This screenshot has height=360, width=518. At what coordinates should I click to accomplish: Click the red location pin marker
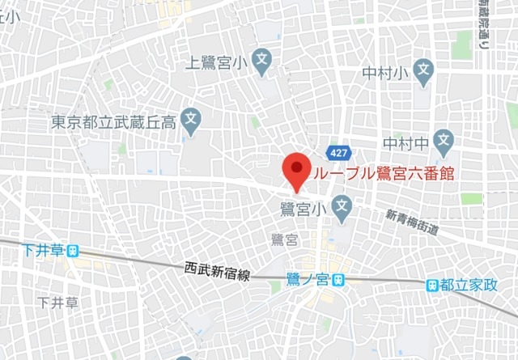[x=296, y=171]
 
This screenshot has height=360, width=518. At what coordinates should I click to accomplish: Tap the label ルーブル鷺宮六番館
[x=379, y=172]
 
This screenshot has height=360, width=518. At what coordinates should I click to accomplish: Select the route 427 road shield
[x=339, y=152]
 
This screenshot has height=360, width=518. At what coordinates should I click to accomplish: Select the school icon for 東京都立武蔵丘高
[x=191, y=123]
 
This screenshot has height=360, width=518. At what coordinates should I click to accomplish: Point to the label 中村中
[x=405, y=144]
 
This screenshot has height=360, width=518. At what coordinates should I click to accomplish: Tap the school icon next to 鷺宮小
[x=341, y=207]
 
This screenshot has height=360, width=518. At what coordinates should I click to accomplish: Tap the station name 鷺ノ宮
[x=306, y=279]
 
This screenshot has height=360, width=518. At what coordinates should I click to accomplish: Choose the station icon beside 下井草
[x=74, y=252]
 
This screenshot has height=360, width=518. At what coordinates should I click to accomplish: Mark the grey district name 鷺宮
[x=285, y=239]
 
